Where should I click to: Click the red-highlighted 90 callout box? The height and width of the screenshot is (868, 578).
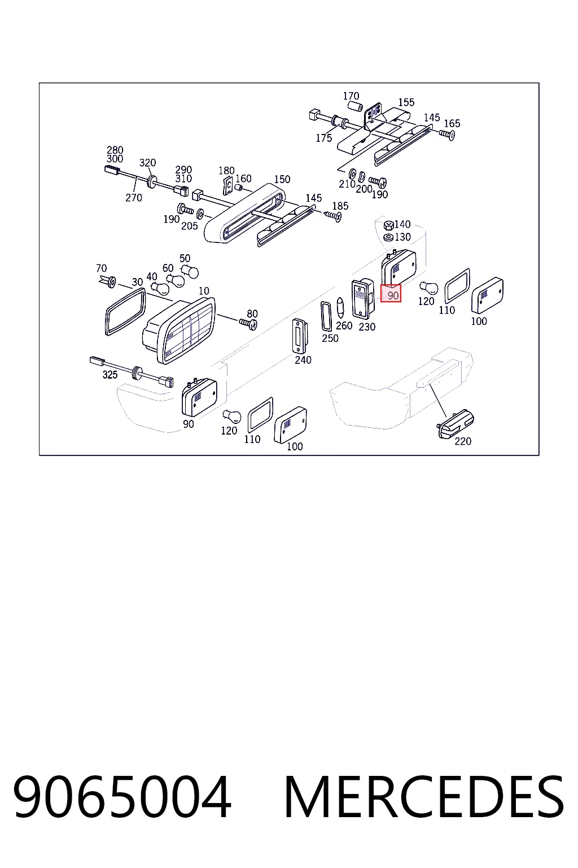(x=391, y=293)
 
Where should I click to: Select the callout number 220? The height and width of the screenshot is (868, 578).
(x=463, y=441)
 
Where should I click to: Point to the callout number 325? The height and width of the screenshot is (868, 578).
(x=110, y=375)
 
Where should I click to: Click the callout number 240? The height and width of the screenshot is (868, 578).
(x=303, y=360)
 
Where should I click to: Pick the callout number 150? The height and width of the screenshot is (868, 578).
(x=282, y=179)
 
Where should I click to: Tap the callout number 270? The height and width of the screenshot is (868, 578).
(x=134, y=198)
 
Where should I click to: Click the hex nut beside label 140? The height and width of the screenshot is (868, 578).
(x=388, y=225)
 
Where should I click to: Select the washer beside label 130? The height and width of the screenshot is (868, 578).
(x=388, y=237)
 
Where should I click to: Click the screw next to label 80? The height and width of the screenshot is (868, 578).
(x=248, y=323)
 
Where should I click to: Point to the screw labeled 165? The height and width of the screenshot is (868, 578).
(x=447, y=134)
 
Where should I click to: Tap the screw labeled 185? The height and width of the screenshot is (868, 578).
(x=334, y=216)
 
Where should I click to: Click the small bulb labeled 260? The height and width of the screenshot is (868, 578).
(x=340, y=307)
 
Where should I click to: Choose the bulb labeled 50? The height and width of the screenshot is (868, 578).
(x=190, y=271)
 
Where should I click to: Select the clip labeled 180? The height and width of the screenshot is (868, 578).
(x=228, y=185)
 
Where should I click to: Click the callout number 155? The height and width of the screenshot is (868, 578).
(x=406, y=102)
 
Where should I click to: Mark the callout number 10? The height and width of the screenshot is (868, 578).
(x=204, y=291)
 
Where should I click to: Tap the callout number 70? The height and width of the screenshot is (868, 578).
(x=102, y=268)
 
